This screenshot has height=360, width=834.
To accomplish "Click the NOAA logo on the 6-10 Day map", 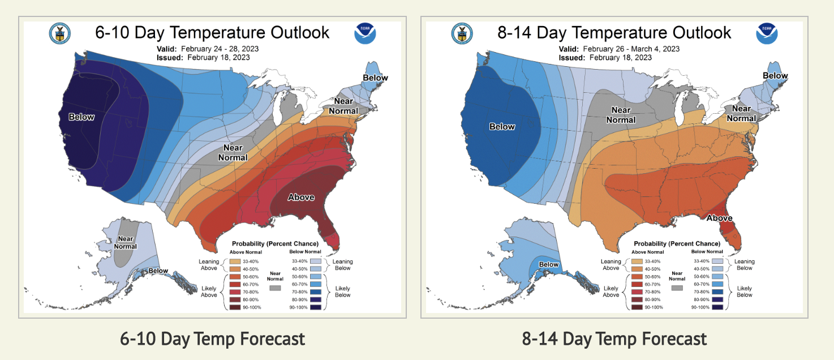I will coord(366,34).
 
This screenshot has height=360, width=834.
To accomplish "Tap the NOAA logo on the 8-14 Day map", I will coord(767,34).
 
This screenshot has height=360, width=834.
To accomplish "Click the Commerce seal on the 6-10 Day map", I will coord(59,34).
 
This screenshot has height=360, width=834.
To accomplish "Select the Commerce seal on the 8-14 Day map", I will coord(462,34).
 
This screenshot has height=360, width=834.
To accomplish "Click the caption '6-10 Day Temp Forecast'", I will coord(212,339).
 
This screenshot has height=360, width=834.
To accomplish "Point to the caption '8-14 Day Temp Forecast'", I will coord(614,339).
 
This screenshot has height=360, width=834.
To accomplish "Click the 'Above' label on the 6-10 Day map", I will coord(301,197).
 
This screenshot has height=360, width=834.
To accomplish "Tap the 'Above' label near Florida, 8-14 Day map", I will coord(720,218).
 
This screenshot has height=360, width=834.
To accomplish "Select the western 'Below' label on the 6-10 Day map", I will coord(81,117).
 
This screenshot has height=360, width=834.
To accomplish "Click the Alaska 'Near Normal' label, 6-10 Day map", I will coord(126,242).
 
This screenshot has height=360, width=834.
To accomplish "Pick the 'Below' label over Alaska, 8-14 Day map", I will coord(548,264).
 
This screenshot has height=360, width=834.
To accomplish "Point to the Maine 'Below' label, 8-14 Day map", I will coord(775,76).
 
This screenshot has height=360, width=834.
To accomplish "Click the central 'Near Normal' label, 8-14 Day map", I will coord(621,115).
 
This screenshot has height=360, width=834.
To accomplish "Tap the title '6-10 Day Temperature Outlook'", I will coord(212,32).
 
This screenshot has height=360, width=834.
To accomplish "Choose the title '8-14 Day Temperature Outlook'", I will coord(614,32).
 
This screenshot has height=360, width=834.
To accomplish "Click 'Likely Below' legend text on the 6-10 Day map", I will coord(342,292).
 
